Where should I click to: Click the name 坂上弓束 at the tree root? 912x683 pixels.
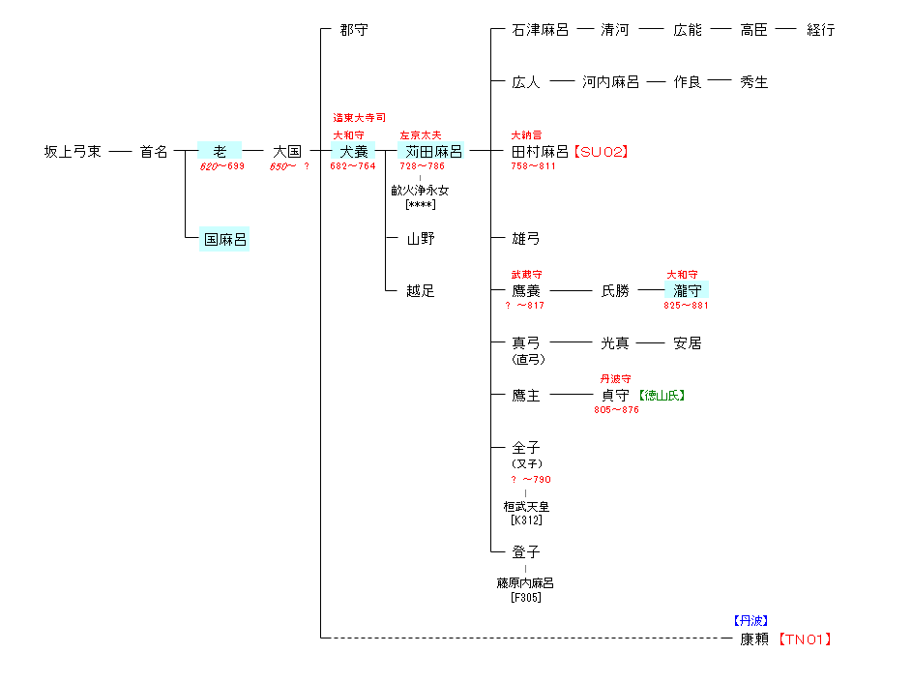(x=73, y=152)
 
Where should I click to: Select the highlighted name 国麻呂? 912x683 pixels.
(x=224, y=239)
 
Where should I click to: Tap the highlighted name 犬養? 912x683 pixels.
(x=353, y=152)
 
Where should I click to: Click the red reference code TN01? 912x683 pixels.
(x=806, y=638)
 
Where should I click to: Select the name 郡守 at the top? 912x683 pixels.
(x=354, y=30)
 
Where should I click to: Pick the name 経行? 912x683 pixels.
(x=820, y=30)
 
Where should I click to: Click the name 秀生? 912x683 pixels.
(x=754, y=82)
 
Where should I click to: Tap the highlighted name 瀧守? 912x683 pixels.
(x=688, y=290)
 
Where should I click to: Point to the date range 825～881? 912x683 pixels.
(x=686, y=306)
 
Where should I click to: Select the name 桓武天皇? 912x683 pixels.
(x=526, y=506)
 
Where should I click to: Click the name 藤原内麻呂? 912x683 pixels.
(x=526, y=583)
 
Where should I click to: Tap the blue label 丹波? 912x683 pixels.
(x=750, y=621)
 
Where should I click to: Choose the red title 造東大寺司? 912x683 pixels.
(x=359, y=117)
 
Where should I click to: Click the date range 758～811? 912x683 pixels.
(x=533, y=166)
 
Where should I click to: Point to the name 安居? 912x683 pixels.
(x=688, y=342)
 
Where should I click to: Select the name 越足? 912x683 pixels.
(x=421, y=290)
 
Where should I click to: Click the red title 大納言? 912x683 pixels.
(x=527, y=135)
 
